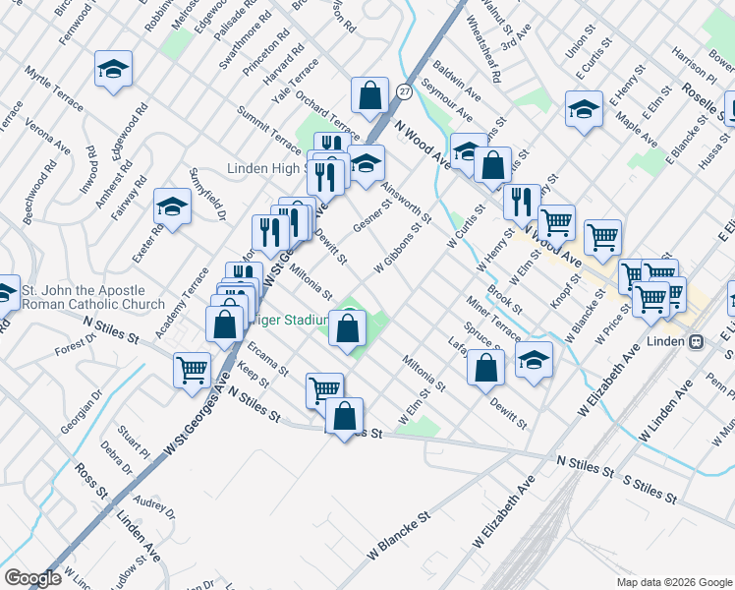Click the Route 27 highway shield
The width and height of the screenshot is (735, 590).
404,90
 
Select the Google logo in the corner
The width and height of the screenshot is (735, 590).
33,578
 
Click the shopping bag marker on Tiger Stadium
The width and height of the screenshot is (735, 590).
348,329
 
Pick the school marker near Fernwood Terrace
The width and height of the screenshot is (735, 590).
113,70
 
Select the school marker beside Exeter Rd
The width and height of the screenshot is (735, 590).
172,206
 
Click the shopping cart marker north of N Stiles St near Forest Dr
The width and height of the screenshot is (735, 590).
191,371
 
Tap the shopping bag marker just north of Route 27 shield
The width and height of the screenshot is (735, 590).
370,96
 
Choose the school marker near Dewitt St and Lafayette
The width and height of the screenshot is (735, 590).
534,361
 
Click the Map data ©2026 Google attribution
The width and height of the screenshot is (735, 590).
674,581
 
